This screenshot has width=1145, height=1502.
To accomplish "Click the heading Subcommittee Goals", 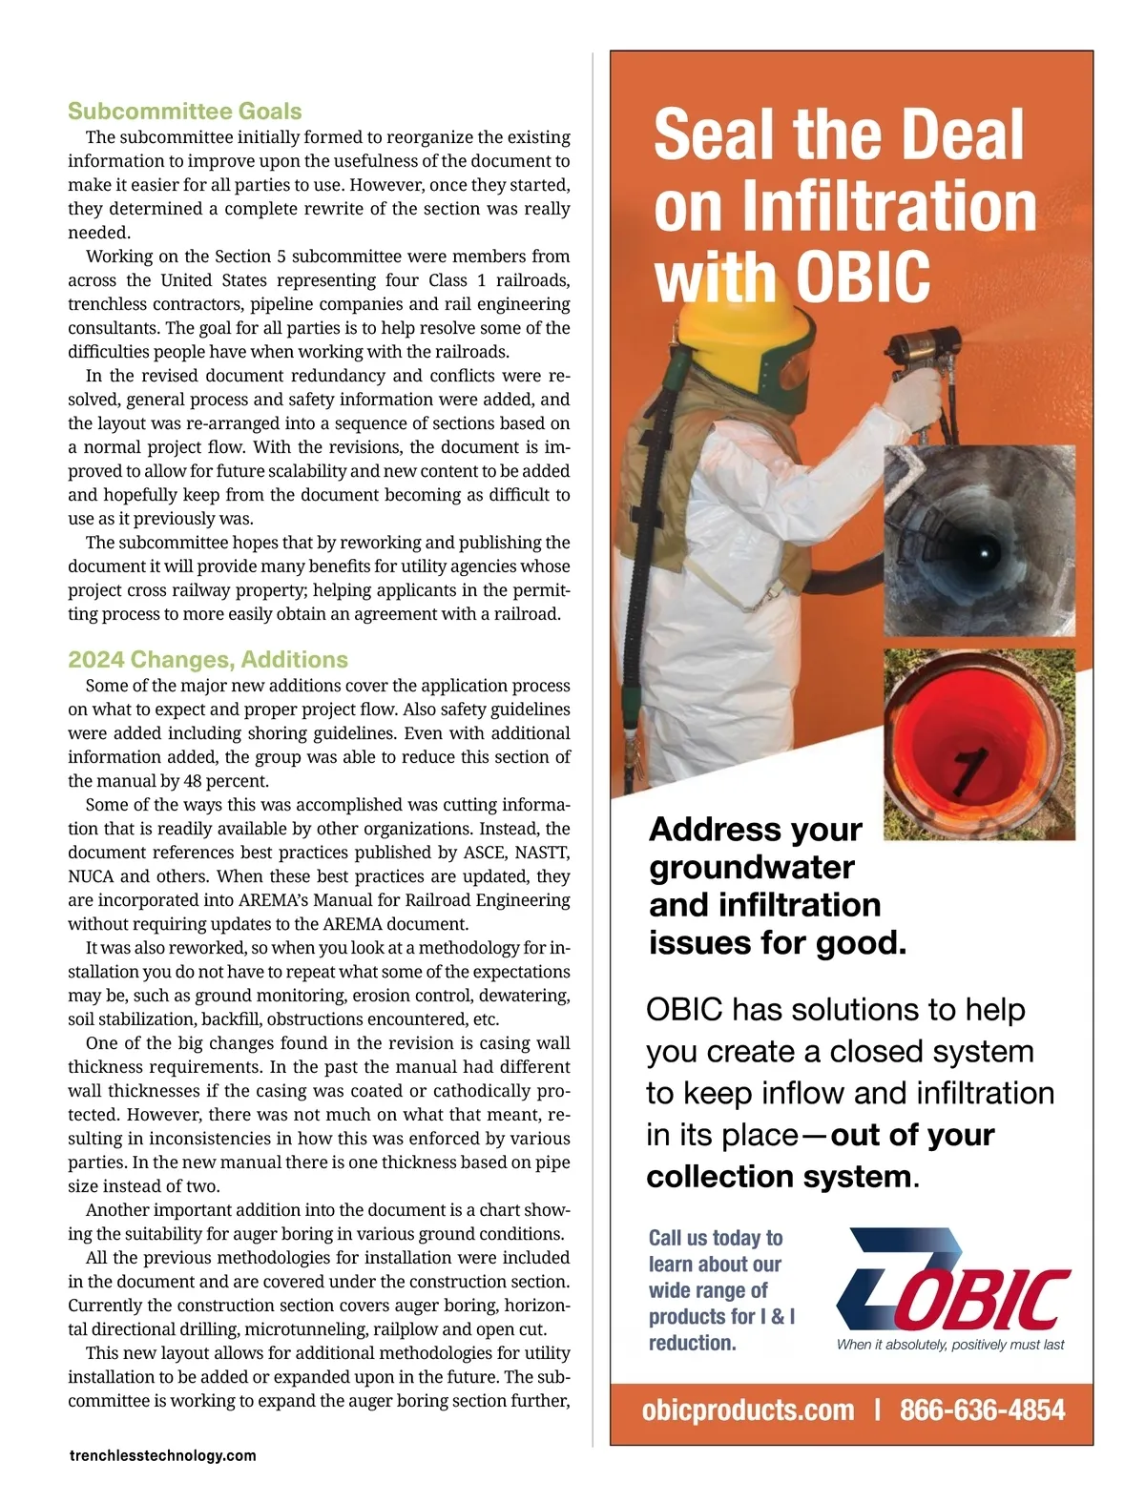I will pyautogui.click(x=184, y=112).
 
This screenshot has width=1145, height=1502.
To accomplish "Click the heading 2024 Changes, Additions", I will pyautogui.click(x=207, y=660).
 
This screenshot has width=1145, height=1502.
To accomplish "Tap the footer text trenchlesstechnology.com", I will pyautogui.click(x=162, y=1455).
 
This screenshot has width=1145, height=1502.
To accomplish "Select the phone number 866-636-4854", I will pyautogui.click(x=982, y=1409).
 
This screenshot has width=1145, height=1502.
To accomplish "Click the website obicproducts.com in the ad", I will pyautogui.click(x=748, y=1409).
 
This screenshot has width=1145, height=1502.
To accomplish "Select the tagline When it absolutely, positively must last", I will pyautogui.click(x=950, y=1345).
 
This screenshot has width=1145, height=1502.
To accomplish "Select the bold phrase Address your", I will pyautogui.click(x=755, y=829).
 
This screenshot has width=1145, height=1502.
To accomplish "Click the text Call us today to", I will pyautogui.click(x=715, y=1238).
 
